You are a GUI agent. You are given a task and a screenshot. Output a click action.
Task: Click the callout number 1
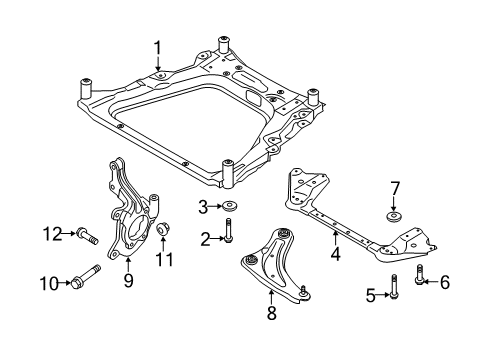(157, 48)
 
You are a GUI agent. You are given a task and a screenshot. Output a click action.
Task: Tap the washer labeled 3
(229, 206)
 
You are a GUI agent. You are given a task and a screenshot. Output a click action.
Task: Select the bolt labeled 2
(228, 230)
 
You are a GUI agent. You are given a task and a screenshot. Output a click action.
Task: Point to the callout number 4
(335, 253)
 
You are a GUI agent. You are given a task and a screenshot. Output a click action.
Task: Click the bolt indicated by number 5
(394, 286)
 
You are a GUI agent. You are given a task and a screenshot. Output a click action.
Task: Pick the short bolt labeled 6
(419, 275)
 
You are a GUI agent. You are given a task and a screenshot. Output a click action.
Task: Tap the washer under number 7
(394, 216)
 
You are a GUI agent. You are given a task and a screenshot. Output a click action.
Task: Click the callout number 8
(272, 313)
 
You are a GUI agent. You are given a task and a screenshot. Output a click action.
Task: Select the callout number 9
(128, 280)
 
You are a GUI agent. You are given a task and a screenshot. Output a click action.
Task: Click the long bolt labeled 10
(85, 277)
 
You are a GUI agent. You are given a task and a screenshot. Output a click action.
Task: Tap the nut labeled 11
(162, 228)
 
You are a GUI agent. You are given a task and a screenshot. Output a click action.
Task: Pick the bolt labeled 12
(87, 235)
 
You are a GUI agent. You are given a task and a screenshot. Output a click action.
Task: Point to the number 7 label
(394, 188)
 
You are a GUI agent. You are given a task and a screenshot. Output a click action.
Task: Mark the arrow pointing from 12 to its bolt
(69, 233)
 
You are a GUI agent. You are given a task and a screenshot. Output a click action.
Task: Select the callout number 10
(49, 284)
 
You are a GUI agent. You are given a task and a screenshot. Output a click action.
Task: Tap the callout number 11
(165, 259)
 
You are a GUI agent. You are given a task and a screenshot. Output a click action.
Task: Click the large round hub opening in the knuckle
(137, 228)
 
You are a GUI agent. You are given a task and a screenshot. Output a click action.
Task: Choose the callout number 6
(445, 282)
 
